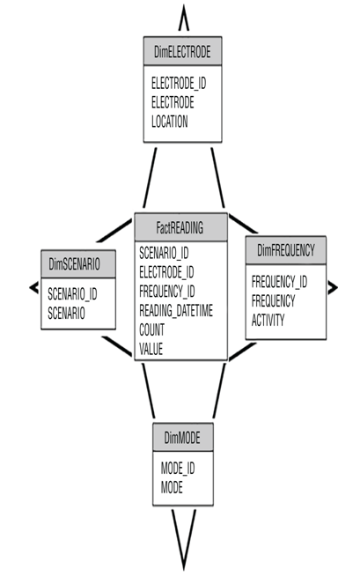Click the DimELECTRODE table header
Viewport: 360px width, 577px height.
(x=182, y=51)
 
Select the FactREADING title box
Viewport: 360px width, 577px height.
(x=181, y=227)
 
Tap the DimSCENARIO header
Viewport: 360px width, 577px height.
(x=78, y=264)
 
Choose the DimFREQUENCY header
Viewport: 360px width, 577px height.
(x=286, y=250)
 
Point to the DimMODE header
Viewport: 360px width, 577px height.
(x=183, y=437)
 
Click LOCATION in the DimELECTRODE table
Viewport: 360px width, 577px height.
(x=170, y=122)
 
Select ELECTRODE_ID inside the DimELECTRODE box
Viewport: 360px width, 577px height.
(x=179, y=83)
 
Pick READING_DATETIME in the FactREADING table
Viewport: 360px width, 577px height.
(x=176, y=311)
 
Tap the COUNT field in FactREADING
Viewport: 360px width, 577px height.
(x=151, y=329)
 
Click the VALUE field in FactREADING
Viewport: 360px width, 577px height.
(x=151, y=349)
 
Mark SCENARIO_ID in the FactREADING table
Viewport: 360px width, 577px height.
(x=164, y=253)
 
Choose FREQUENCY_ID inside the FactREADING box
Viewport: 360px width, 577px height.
(x=167, y=292)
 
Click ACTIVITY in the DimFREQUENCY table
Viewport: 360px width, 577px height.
(x=268, y=320)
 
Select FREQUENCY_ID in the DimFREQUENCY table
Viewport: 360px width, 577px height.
(x=279, y=282)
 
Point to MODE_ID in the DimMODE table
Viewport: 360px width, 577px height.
(x=178, y=469)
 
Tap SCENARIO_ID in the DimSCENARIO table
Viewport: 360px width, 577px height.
(x=72, y=294)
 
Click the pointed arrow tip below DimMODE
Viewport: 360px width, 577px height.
(x=183, y=569)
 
